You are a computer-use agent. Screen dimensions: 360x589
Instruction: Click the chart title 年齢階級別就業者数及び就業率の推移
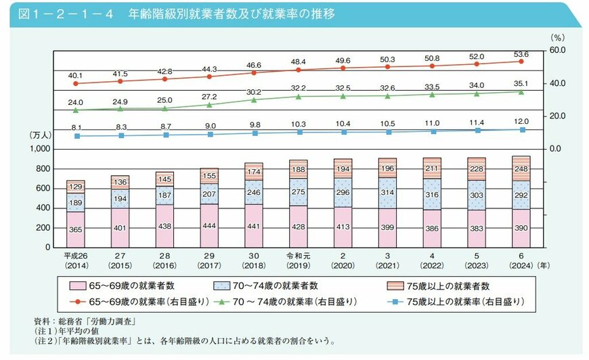231,14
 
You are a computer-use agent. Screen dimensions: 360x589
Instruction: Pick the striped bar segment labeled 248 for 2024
521,168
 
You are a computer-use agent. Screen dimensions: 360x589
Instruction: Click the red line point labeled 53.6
521,61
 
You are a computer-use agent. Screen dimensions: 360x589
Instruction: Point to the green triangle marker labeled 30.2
254,99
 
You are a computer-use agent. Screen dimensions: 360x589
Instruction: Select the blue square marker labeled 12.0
521,129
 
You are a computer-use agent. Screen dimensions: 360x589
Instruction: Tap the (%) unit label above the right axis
557,38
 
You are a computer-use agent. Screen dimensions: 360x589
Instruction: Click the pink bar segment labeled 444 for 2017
210,225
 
